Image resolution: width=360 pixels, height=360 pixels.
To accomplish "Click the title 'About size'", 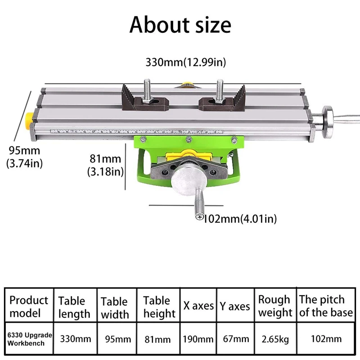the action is (180, 25).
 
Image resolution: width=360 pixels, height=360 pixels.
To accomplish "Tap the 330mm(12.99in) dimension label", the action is (186, 62).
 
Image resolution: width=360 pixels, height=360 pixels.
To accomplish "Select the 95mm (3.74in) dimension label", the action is (25, 157).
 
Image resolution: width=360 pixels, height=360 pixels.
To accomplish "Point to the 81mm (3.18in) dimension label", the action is (105, 165).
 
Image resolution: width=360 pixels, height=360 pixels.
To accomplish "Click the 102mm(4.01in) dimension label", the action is (240, 219).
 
